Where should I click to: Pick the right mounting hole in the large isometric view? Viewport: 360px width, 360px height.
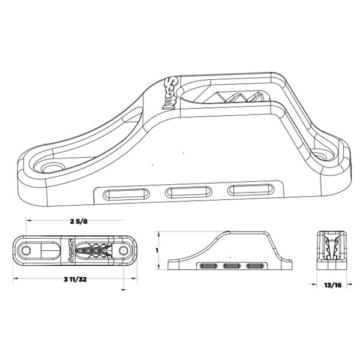[x=324, y=155]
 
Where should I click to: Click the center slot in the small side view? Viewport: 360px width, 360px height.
[x=231, y=265]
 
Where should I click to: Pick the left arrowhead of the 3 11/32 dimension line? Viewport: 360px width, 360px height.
[x=14, y=280]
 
